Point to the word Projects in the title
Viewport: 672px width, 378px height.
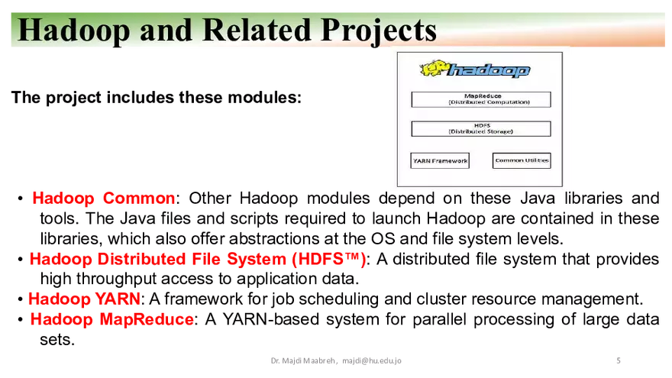(x=379, y=30)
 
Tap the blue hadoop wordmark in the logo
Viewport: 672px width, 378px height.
(x=489, y=71)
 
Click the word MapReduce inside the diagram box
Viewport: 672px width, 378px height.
(x=481, y=96)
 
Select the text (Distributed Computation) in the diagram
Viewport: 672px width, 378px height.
(x=481, y=102)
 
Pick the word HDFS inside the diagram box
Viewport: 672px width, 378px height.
(x=481, y=125)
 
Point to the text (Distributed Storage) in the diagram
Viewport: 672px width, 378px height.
(x=481, y=131)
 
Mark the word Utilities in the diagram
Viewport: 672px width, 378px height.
(x=535, y=160)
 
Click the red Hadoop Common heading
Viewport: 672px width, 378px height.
(x=103, y=199)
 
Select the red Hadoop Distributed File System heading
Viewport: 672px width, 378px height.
(x=196, y=260)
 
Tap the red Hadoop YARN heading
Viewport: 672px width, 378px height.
(x=84, y=299)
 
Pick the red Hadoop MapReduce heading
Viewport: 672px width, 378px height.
(x=111, y=320)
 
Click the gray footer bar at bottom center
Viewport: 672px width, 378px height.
(x=335, y=360)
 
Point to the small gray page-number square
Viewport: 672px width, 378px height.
(x=617, y=360)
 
